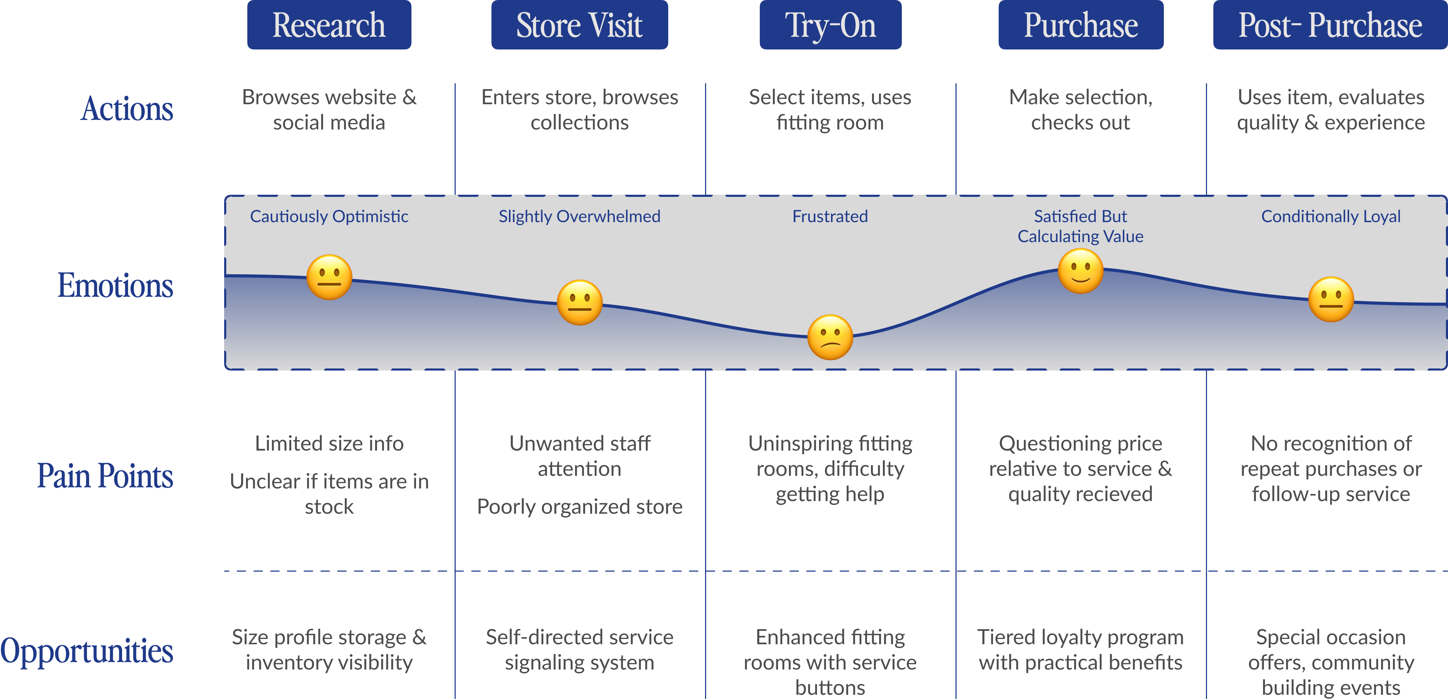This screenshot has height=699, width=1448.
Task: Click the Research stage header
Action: click(329, 25)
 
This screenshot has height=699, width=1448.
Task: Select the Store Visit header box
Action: click(579, 25)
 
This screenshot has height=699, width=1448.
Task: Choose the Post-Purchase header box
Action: click(1329, 25)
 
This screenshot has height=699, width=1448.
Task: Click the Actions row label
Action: click(127, 108)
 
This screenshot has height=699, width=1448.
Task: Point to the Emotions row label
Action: click(115, 285)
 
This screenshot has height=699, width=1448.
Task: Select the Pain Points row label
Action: click(105, 476)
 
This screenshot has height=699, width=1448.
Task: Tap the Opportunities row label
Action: click(87, 651)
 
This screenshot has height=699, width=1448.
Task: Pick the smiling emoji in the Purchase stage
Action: click(1080, 271)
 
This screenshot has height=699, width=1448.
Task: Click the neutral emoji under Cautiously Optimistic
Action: click(329, 277)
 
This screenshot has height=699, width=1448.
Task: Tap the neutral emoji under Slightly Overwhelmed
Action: click(579, 302)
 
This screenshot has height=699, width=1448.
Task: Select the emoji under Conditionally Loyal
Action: click(1330, 299)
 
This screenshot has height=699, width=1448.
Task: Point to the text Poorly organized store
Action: click(579, 507)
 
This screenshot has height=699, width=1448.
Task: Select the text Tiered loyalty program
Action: click(1080, 637)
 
